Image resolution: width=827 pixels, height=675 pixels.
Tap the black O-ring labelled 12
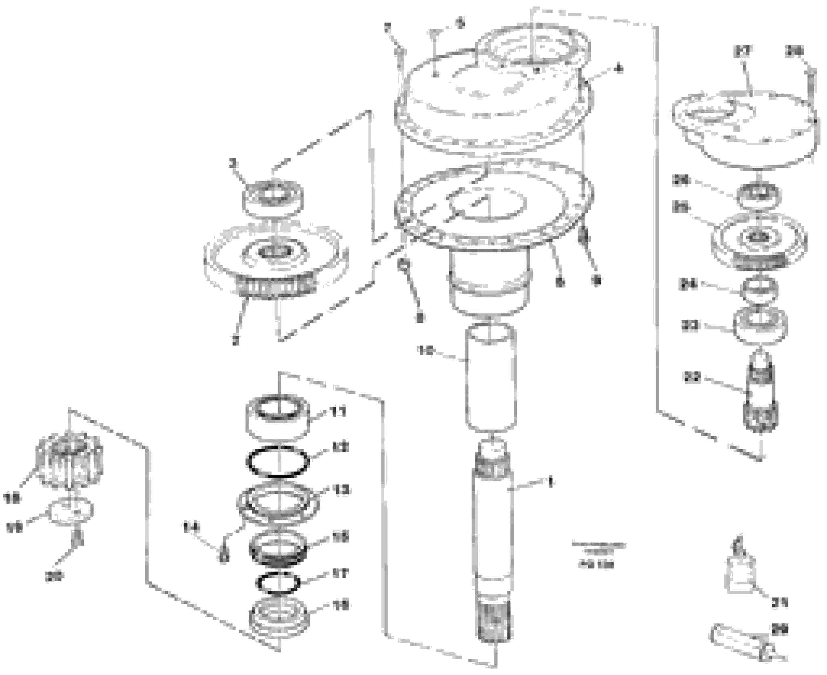pos(278,462)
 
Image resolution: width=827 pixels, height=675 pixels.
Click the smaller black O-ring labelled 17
pos(278,584)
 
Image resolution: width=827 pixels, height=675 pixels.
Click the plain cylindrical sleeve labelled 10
pos(492,378)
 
